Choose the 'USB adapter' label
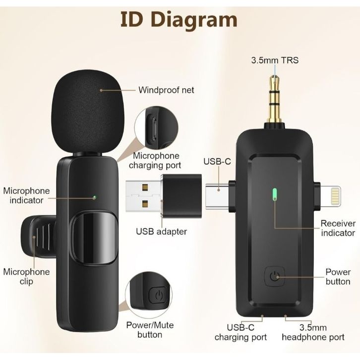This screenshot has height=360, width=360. (x=161, y=231)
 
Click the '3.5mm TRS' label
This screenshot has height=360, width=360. (x=275, y=61)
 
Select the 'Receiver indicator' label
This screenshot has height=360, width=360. (x=337, y=228)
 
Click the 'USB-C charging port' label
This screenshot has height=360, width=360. (x=240, y=332)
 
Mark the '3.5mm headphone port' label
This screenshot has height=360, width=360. (x=313, y=332)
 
